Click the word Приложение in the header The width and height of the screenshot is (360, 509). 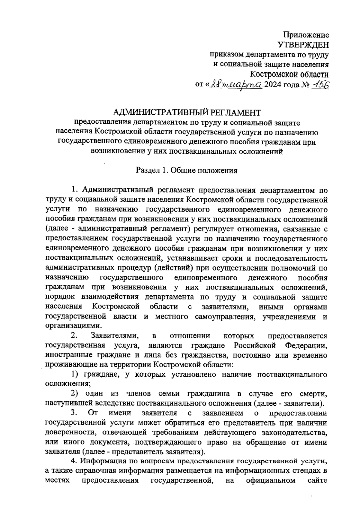click(x=306, y=35)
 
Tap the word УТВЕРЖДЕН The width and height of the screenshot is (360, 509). click(x=303, y=45)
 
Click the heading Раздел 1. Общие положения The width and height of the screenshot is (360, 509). click(x=187, y=171)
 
